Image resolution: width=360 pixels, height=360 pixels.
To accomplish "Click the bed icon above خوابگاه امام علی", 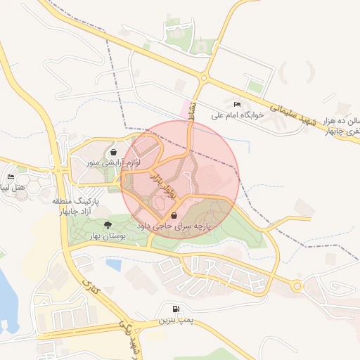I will [x=236, y=104].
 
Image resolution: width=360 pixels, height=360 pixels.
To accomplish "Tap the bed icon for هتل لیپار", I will [x=10, y=176].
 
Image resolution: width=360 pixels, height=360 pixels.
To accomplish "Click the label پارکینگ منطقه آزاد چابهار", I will [x=72, y=206].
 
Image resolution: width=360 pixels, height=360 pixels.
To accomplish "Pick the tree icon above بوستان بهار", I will [x=107, y=225].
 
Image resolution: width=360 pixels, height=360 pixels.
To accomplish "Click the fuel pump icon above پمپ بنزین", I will [x=174, y=309].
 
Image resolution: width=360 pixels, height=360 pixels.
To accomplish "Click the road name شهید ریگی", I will [x=131, y=337].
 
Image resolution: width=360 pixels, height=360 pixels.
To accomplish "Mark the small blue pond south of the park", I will [x=113, y=265].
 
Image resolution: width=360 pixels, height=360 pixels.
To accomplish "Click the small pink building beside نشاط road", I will [x=188, y=108].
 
